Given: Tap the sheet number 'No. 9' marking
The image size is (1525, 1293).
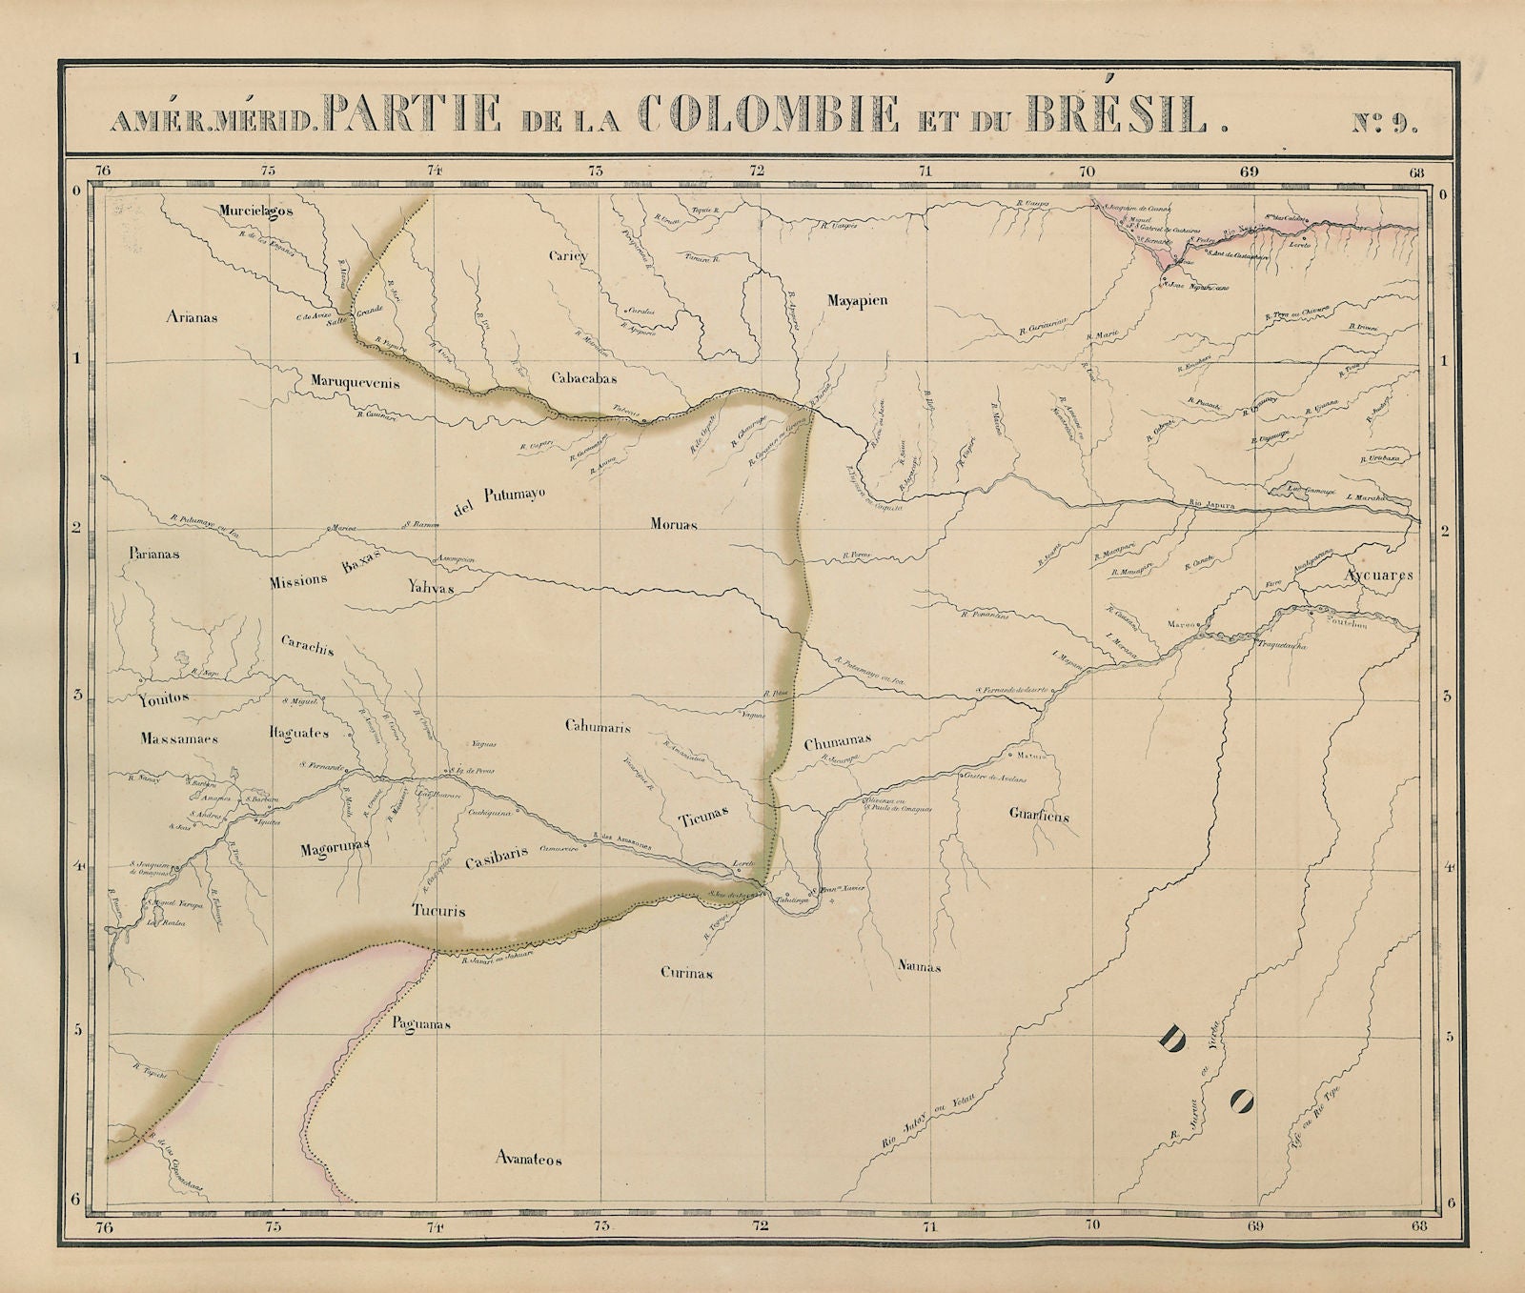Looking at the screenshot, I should [x=1385, y=121].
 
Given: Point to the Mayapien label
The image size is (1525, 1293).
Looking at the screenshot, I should [x=856, y=300].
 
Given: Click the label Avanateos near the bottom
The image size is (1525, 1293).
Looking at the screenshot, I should [x=529, y=1160].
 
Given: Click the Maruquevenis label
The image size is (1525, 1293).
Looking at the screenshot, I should [x=355, y=383].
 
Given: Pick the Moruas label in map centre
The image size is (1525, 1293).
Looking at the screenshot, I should [x=675, y=524].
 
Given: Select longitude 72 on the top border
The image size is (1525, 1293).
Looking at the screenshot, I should [x=758, y=172].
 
